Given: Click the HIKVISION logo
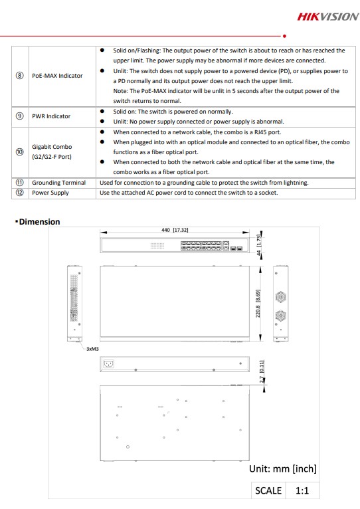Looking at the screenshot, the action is click(328, 17).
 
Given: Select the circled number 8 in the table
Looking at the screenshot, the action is click(20, 76).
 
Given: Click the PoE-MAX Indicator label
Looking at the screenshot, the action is click(57, 76).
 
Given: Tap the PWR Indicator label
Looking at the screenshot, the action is click(51, 116).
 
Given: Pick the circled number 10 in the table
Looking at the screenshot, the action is click(20, 152).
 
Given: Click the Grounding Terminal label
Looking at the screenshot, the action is click(58, 183).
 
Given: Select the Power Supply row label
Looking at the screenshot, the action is click(50, 193).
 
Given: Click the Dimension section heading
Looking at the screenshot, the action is click(39, 222).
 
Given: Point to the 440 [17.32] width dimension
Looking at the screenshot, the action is click(175, 230).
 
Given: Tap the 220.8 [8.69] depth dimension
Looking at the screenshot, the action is click(258, 303).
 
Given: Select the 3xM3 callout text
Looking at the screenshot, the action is click(92, 349).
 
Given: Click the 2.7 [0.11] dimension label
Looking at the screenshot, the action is click(262, 371).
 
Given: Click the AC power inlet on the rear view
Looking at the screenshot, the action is click(108, 363).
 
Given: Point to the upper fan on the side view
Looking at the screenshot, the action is click(280, 297).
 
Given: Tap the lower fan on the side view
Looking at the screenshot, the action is click(280, 315).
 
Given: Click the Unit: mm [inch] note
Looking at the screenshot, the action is click(283, 468).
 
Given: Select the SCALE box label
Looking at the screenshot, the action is click(268, 490).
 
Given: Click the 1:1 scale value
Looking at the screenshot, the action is click(302, 490).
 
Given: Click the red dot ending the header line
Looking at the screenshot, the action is click(284, 36).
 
